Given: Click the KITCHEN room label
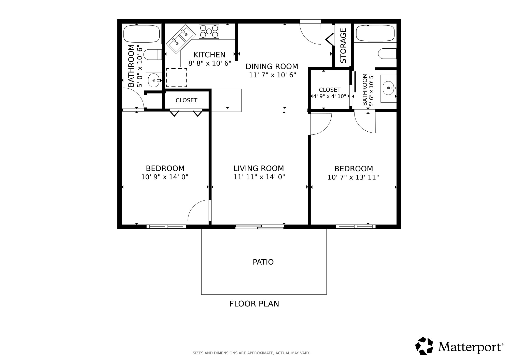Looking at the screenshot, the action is click(x=209, y=55).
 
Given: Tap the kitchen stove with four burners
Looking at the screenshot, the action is click(x=209, y=31).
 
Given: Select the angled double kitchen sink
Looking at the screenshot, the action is click(x=181, y=39).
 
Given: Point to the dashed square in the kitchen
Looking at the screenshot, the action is click(x=177, y=77).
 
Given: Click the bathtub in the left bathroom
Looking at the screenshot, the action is click(x=142, y=34).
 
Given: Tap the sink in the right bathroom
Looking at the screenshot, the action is click(x=389, y=88).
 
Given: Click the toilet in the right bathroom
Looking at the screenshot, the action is click(x=387, y=54).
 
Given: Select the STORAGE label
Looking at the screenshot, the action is click(x=343, y=46).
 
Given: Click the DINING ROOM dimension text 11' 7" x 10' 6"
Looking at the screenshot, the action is click(x=273, y=75).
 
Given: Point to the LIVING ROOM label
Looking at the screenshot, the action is click(x=259, y=168).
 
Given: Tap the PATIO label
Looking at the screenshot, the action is click(x=263, y=262).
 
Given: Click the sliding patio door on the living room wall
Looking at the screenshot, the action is click(x=259, y=227).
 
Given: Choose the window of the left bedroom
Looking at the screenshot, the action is click(x=166, y=227).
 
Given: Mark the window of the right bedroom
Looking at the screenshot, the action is click(x=356, y=227).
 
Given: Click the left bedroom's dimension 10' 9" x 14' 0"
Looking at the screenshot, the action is click(x=165, y=177).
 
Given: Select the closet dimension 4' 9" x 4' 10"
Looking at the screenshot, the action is click(x=330, y=96).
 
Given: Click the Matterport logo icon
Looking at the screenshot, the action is click(x=424, y=346).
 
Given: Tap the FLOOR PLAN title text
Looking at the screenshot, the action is click(x=254, y=304).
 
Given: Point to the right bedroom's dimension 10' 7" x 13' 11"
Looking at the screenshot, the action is click(x=353, y=177).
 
